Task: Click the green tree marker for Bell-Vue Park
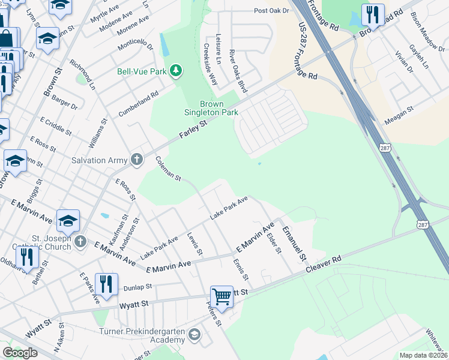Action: [176, 71]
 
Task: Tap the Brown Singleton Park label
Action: [211, 107]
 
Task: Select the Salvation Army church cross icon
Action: [137, 160]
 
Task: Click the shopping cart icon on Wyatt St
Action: [221, 296]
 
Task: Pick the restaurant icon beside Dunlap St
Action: [106, 284]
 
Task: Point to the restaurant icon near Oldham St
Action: [27, 257]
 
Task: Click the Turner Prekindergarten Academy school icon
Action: [194, 334]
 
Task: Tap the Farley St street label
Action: [193, 131]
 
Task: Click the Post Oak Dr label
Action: [271, 11]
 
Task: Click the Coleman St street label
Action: [168, 169]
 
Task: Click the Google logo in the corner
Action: [20, 353]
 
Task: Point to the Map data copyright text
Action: [423, 355]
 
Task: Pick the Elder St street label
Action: [274, 243]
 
